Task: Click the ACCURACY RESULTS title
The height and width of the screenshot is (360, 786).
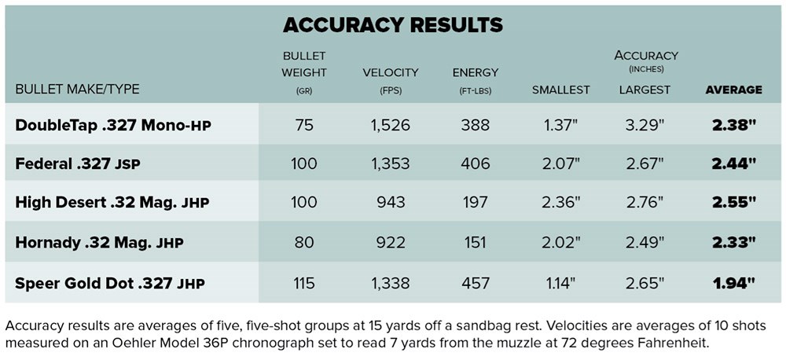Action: (392, 24)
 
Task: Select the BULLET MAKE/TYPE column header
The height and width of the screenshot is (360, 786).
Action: (77, 90)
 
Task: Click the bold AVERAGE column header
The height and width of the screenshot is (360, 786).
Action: (733, 90)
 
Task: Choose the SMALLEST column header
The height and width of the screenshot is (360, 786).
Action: (560, 90)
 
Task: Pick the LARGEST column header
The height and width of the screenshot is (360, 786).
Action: (645, 90)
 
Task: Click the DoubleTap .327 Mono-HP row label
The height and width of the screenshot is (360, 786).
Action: (113, 125)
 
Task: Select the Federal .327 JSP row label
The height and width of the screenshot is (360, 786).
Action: (88, 163)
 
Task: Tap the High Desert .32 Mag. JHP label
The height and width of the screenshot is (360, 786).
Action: (112, 203)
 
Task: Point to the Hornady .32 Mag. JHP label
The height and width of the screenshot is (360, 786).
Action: (99, 242)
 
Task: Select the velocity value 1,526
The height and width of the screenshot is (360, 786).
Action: (390, 125)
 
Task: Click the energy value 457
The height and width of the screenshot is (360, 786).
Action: (475, 281)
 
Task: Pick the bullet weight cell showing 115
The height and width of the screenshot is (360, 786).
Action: (303, 281)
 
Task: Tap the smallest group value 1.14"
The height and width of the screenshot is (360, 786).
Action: (561, 281)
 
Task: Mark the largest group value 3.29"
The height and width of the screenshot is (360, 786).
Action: (645, 125)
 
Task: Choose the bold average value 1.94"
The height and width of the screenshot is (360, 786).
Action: (734, 281)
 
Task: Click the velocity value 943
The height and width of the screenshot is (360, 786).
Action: (390, 203)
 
